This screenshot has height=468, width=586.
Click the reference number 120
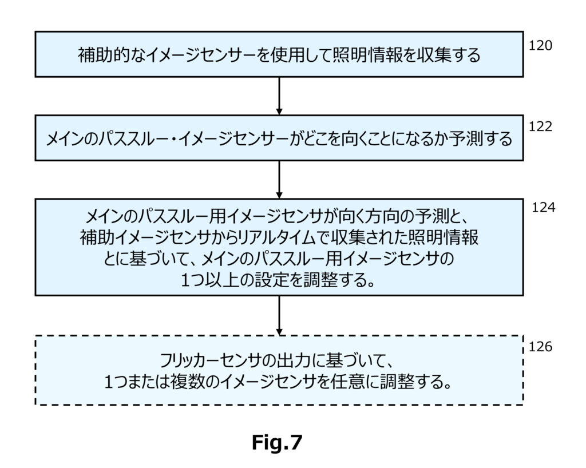(540, 46)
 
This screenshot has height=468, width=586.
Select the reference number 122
(540, 126)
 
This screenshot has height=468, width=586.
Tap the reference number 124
(544, 207)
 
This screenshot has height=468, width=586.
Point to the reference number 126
(540, 347)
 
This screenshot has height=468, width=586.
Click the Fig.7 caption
(277, 443)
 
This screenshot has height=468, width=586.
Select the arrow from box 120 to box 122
(279, 96)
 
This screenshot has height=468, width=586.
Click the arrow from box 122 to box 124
(279, 180)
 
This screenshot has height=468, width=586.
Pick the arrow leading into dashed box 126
(279, 316)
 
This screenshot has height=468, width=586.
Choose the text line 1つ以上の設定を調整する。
(278, 280)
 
